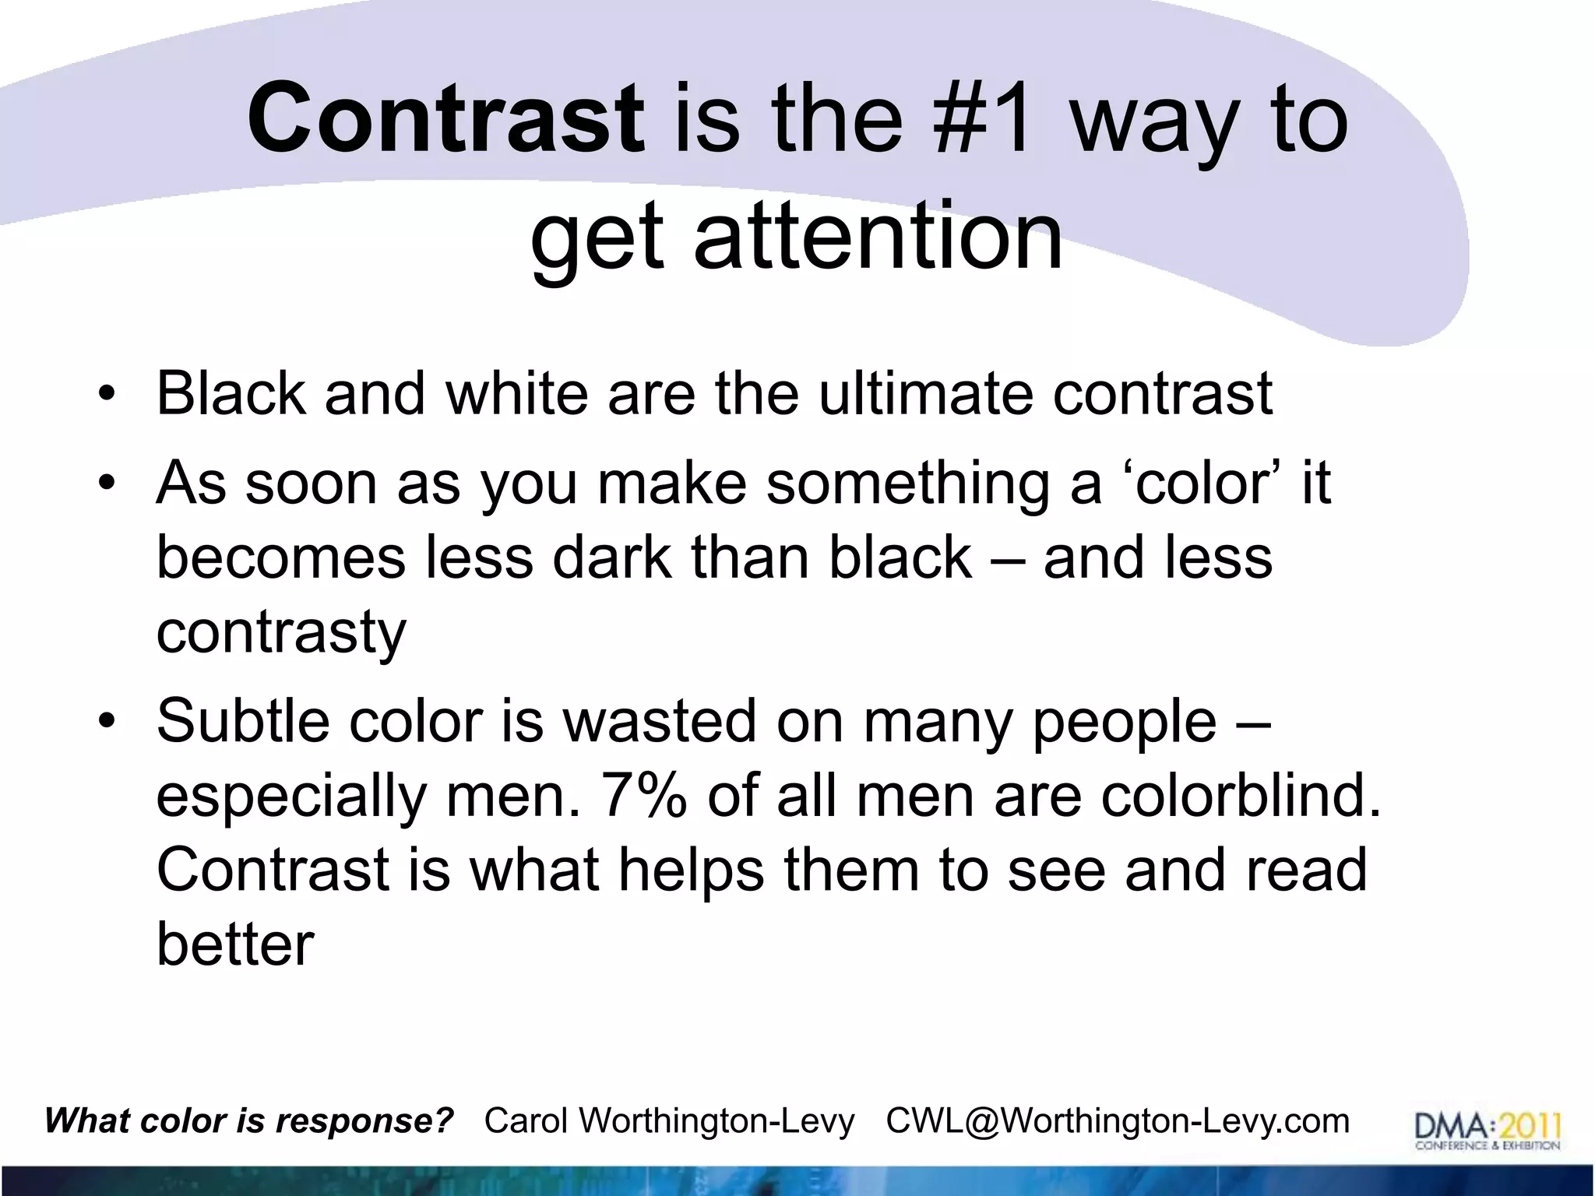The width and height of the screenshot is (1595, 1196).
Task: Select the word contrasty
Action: (281, 631)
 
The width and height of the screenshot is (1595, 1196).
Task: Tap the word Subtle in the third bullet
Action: (244, 720)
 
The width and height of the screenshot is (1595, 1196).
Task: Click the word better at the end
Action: (235, 944)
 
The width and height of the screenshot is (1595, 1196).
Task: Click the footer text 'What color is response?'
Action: (249, 1121)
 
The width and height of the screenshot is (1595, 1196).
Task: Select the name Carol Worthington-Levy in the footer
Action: (669, 1121)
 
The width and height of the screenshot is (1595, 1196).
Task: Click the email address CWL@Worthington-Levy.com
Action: (1118, 1121)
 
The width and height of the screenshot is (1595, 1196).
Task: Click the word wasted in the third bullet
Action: (659, 720)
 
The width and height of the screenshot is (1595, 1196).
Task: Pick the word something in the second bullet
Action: (908, 483)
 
